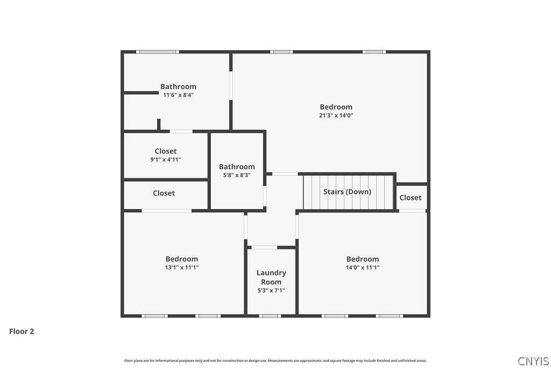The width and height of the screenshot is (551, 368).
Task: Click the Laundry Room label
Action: pos(271,277)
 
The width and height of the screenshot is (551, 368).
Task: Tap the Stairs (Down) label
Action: pos(347,192)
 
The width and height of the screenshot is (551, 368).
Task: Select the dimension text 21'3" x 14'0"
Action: pos(336,115)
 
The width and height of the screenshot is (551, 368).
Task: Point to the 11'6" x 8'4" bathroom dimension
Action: pos(178,95)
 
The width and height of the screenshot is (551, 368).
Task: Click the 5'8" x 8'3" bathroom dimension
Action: pos(237,175)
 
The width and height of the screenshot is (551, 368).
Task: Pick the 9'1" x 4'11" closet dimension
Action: pos(165,159)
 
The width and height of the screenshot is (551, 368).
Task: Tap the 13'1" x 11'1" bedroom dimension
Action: pos(182,267)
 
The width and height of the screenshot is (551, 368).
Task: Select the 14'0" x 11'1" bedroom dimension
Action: pos(363,267)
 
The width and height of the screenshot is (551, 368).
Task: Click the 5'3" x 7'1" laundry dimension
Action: pos(271,290)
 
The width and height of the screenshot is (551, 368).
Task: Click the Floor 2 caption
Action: pos(22,331)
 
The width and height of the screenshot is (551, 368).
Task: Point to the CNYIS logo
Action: pos(533,361)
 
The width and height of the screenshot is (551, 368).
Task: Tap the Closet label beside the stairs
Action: pos(411,198)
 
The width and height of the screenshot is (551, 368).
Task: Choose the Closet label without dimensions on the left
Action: pos(164,193)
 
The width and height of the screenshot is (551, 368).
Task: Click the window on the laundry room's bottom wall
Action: pos(270,316)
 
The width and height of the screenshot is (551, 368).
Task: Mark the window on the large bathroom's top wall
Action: pos(157,52)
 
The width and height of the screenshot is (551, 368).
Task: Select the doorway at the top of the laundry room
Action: pos(264,247)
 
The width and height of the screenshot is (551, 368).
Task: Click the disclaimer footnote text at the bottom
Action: pos(275,360)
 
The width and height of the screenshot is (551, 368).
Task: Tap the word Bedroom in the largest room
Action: pos(336,107)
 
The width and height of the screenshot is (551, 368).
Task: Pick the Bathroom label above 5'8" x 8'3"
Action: pos(237,166)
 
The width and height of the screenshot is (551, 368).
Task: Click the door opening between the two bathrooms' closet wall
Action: pos(181,131)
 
